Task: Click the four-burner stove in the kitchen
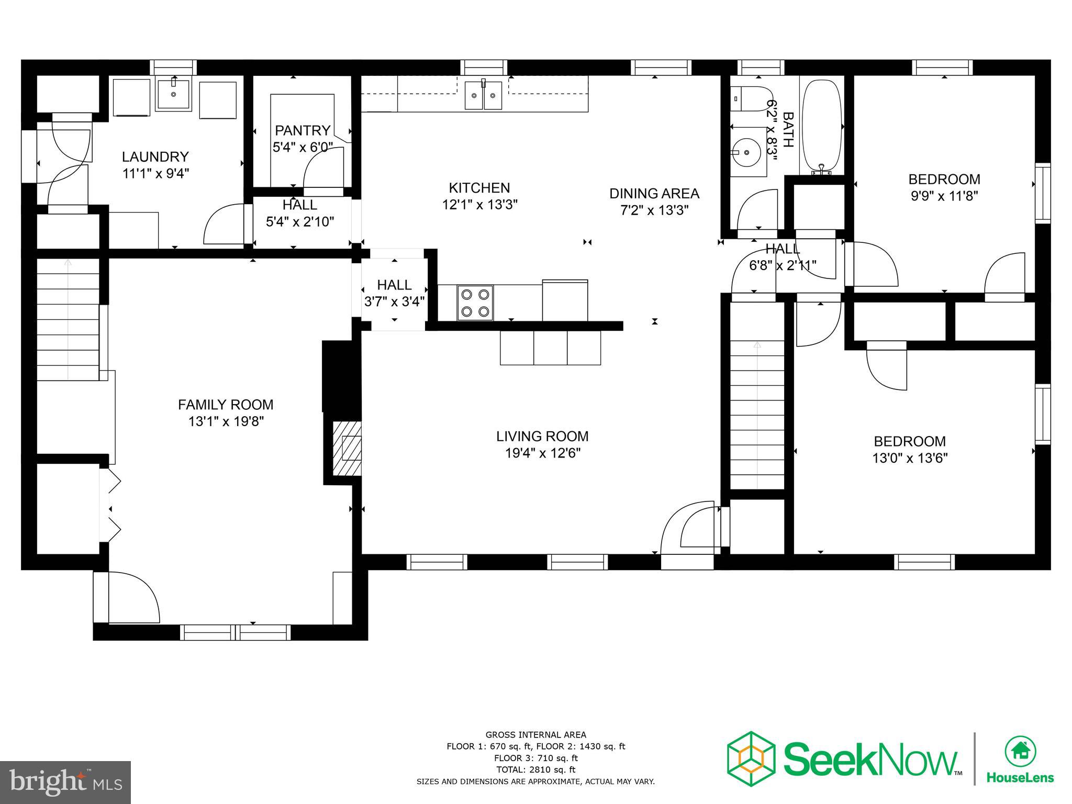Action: [475, 303]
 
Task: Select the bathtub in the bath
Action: [822, 126]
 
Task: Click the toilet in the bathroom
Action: [749, 98]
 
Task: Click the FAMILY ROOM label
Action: [226, 405]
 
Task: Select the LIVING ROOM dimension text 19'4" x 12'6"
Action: [543, 453]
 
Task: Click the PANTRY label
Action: [303, 130]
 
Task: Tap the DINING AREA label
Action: [654, 194]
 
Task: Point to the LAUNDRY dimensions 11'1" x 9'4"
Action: [155, 173]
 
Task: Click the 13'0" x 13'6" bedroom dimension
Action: [910, 458]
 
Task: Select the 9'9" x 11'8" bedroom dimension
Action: [944, 196]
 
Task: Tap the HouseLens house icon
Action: [1020, 751]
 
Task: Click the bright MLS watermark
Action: [65, 782]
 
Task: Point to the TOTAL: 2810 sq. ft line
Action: [535, 769]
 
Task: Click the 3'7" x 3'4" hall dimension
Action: [394, 301]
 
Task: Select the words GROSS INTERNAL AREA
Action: [535, 735]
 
